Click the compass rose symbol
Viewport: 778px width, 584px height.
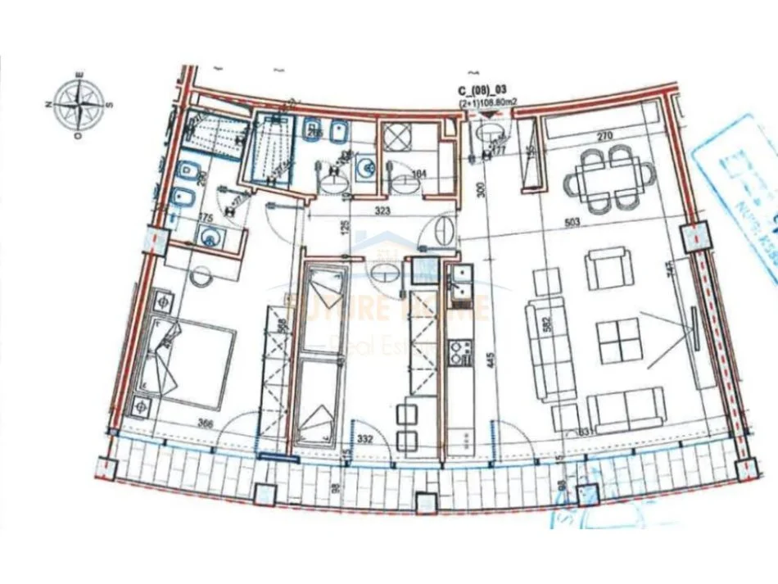point(79,104)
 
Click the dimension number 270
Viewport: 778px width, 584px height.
point(604,137)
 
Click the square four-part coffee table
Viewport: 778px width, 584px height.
point(619,340)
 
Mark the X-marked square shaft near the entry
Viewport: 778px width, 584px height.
point(401,135)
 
